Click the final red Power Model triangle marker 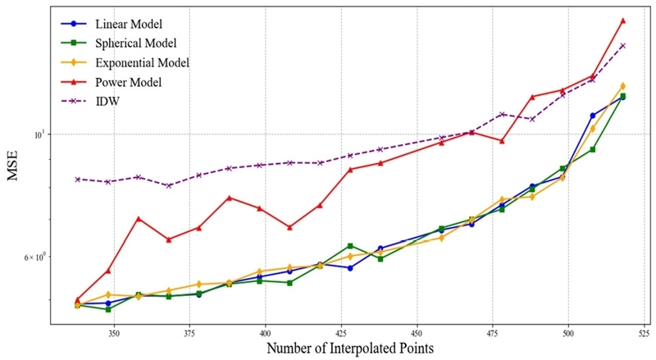[623, 21]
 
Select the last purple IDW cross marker [623, 45]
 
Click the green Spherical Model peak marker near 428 [350, 246]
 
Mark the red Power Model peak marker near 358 [139, 219]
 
